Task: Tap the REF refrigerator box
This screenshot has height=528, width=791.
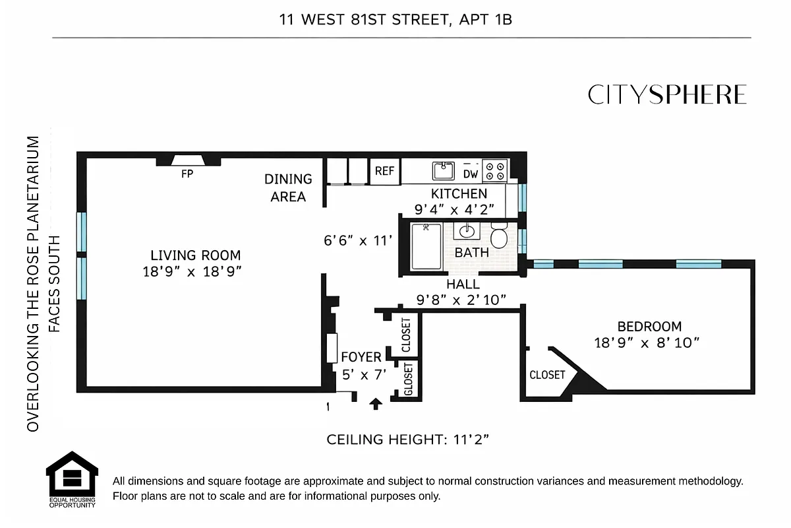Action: pyautogui.click(x=384, y=171)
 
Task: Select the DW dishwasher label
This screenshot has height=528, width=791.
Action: pyautogui.click(x=471, y=174)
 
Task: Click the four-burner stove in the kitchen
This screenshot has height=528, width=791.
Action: pyautogui.click(x=495, y=171)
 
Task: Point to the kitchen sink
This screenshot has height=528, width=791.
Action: pyautogui.click(x=444, y=170)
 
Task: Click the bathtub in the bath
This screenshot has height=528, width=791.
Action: pyautogui.click(x=426, y=247)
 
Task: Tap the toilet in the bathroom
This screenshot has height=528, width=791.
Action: pyautogui.click(x=499, y=236)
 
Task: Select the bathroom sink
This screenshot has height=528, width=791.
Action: pyautogui.click(x=467, y=232)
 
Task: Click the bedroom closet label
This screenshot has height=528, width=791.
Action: pyautogui.click(x=547, y=375)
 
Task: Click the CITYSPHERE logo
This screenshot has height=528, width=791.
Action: pyautogui.click(x=667, y=95)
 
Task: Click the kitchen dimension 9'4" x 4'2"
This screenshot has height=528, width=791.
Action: pyautogui.click(x=459, y=211)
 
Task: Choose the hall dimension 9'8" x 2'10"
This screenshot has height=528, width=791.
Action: pyautogui.click(x=461, y=300)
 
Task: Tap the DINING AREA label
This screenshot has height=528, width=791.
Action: pyautogui.click(x=288, y=187)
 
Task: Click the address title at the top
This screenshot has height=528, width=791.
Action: pyautogui.click(x=395, y=20)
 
